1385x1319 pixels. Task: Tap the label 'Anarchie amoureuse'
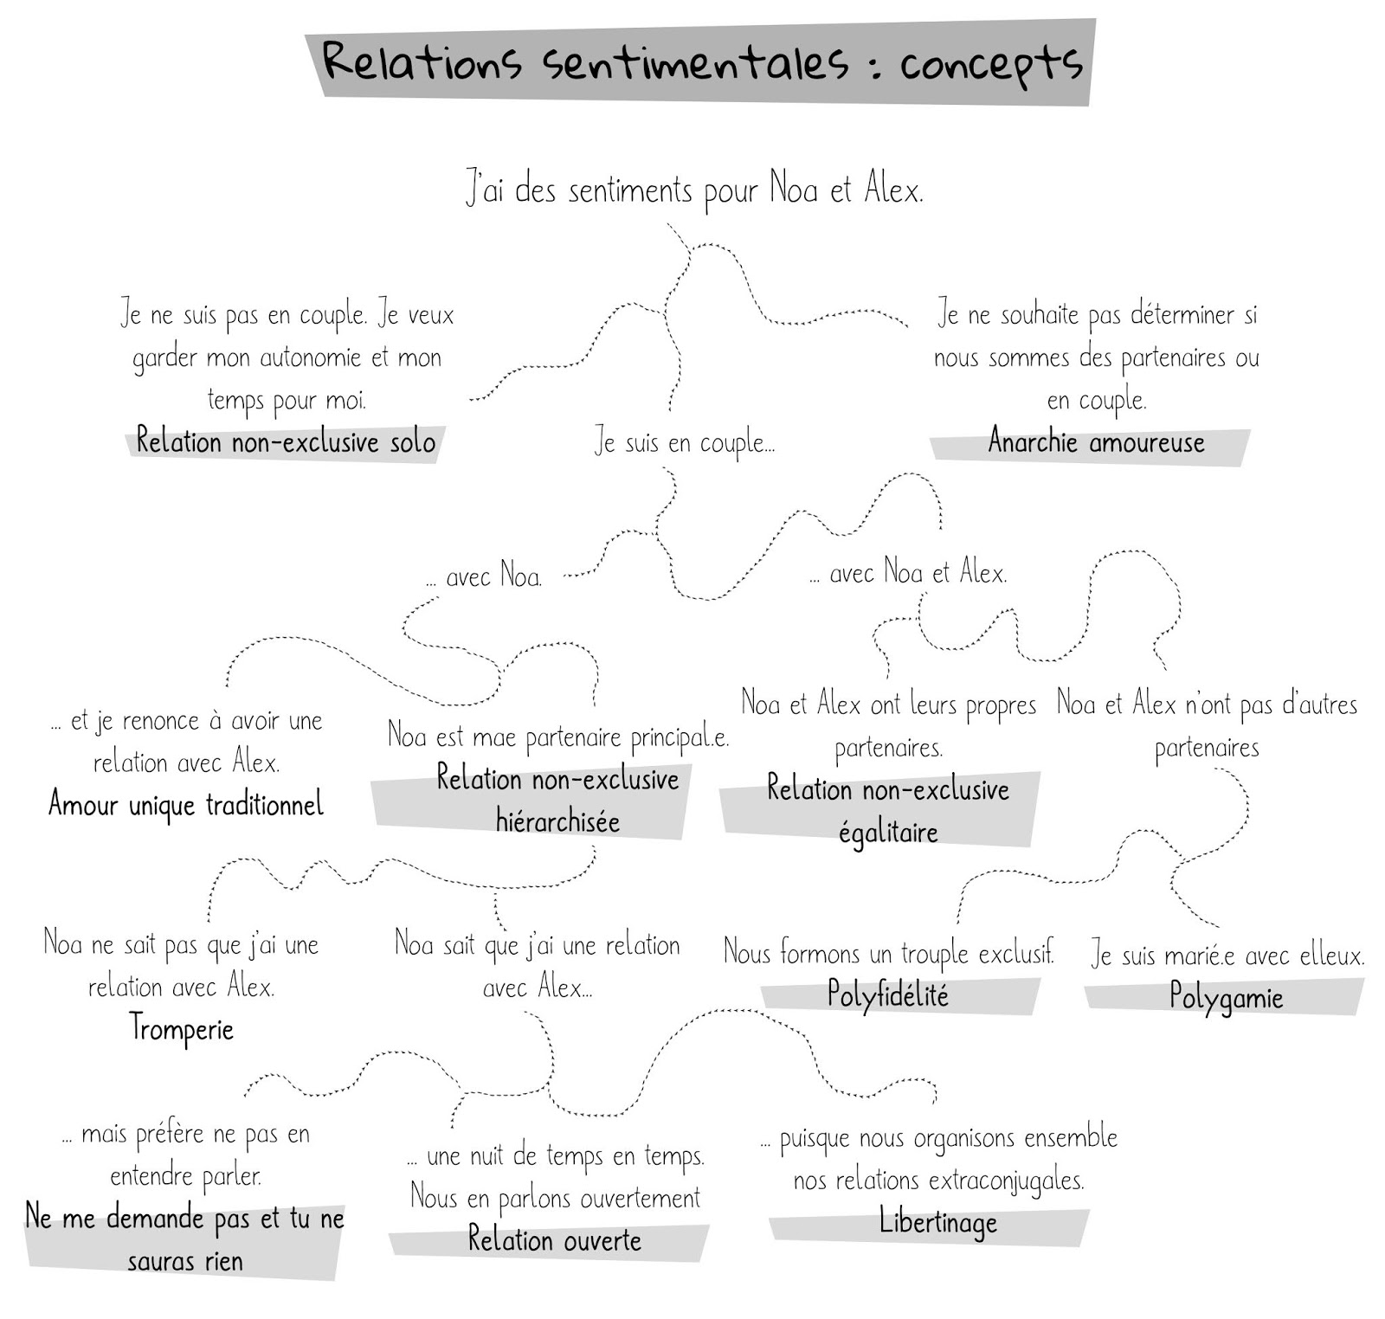(x=1096, y=442)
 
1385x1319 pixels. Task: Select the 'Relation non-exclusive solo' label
(x=286, y=442)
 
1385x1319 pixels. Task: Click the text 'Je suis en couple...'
(x=685, y=443)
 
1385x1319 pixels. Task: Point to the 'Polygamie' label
(x=1225, y=998)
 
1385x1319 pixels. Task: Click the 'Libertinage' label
(x=937, y=1222)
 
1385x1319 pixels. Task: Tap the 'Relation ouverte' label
(x=554, y=1240)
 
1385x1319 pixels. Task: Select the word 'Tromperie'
(x=182, y=1028)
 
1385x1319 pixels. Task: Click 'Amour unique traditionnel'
(x=186, y=804)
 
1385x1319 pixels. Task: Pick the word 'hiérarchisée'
(x=557, y=820)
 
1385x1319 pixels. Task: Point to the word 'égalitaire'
(x=888, y=833)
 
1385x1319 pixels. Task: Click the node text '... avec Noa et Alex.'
(x=908, y=573)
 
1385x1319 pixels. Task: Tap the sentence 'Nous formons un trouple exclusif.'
(x=889, y=953)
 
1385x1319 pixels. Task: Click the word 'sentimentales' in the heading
(x=696, y=62)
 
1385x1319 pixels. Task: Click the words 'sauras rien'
(x=185, y=1261)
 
